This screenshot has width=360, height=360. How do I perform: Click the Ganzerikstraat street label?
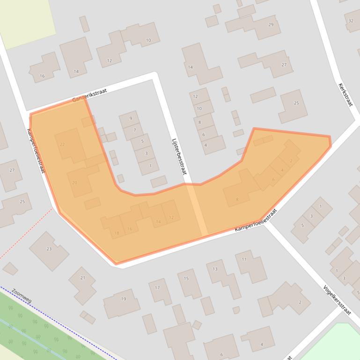tap(90, 95)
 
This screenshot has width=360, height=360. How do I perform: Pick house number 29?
tap(271, 25)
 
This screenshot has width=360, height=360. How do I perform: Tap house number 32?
tap(351, 21)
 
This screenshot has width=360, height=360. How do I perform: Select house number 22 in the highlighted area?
tap(62, 144)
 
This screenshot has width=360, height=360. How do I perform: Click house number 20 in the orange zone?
tap(74, 182)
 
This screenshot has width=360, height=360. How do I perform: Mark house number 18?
tap(117, 233)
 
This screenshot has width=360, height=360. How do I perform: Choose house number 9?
tap(131, 118)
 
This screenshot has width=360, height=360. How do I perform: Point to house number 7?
tap(135, 130)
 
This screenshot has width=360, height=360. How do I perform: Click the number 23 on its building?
tap(49, 249)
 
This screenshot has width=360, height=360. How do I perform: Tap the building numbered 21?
tap(83, 278)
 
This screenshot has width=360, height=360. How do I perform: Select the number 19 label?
tap(124, 299)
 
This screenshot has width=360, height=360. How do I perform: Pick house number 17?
tap(157, 288)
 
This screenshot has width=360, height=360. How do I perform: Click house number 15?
tap(186, 279)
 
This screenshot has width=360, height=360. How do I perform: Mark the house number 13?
tap(215, 269)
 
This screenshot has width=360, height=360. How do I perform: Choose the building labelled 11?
tap(244, 259)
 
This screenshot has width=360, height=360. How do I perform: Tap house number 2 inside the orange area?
tap(291, 161)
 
